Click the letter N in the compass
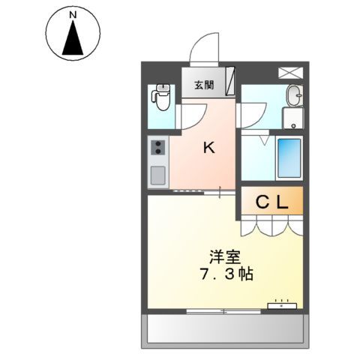click(x=72, y=15)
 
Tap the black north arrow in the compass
click(x=72, y=40)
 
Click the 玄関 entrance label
click(x=204, y=84)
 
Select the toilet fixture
click(x=160, y=94)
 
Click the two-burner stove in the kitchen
click(x=157, y=148)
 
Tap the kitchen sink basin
click(x=158, y=175)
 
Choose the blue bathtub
click(x=289, y=157)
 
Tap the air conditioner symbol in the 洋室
click(x=283, y=304)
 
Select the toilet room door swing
click(x=192, y=114)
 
